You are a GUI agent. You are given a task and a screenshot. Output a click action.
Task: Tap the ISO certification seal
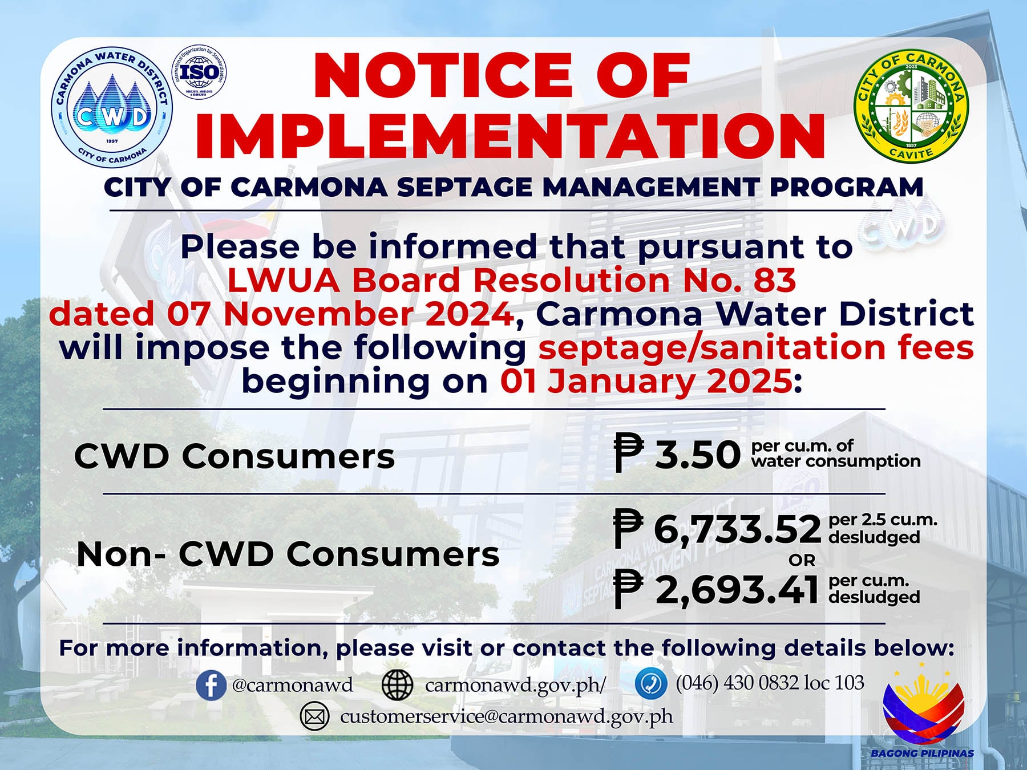199,72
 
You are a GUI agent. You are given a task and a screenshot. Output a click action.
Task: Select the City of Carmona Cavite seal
911,107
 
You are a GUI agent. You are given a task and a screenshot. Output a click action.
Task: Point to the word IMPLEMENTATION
511,136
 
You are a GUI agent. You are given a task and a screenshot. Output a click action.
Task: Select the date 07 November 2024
341,314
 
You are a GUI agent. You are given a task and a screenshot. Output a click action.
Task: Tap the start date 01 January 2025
646,381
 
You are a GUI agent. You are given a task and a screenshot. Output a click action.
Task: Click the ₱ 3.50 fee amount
677,454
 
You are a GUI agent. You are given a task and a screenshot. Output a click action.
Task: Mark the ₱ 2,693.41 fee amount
716,589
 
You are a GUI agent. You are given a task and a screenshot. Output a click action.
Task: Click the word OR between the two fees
802,560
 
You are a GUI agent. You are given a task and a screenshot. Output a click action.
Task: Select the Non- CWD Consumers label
288,554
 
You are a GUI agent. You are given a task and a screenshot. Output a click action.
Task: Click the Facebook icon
211,685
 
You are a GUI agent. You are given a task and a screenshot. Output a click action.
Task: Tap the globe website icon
397,685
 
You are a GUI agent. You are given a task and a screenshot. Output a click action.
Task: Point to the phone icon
651,683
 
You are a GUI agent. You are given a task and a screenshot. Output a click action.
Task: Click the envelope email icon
314,716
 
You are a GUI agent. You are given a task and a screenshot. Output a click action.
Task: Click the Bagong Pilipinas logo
923,709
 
